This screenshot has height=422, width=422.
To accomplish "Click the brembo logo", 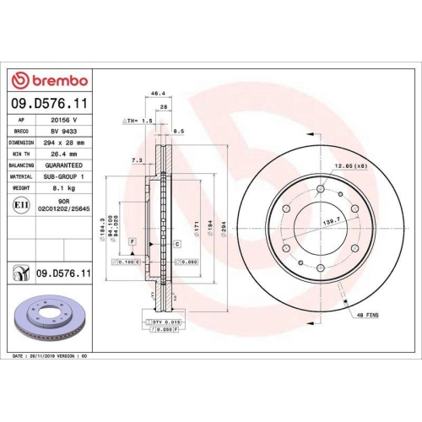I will coord(47,80).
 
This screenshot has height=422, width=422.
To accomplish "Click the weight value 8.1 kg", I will coord(62,188).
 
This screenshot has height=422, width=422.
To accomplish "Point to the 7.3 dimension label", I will coord(137,159).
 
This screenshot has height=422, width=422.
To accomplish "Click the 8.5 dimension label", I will coord(179,132).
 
